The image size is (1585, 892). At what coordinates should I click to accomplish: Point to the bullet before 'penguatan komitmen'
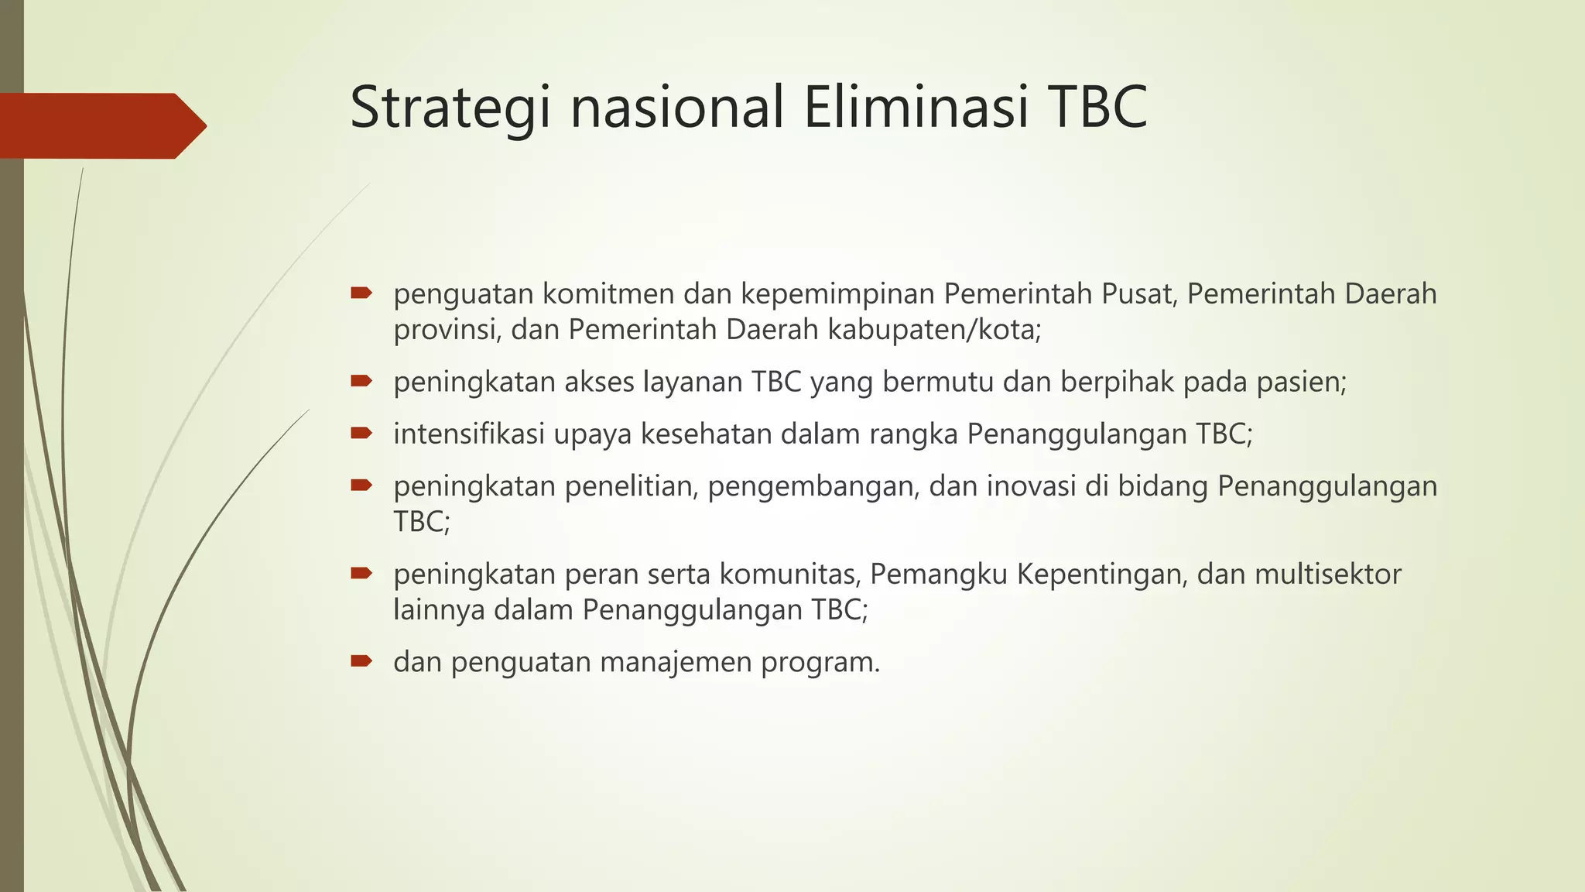click(361, 293)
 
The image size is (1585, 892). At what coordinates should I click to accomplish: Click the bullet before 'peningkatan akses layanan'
click(361, 381)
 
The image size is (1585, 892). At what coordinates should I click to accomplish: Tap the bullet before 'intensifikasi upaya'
click(361, 433)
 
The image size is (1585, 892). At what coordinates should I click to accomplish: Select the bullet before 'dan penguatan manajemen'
click(361, 661)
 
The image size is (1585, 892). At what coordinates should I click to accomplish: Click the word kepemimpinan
click(837, 295)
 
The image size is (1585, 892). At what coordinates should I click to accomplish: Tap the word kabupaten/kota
click(934, 331)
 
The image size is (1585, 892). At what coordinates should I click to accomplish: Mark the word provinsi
click(447, 331)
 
